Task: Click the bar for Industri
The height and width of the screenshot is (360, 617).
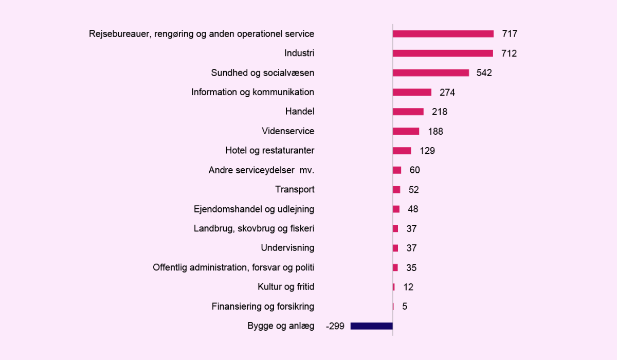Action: tap(443, 53)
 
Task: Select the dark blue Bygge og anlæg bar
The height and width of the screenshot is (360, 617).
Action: tap(371, 326)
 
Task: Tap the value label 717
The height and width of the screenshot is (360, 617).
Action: tap(510, 34)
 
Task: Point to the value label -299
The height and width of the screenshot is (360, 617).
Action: tap(335, 326)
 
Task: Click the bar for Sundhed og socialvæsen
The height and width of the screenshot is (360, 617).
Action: tap(431, 73)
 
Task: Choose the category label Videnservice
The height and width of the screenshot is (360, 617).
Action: tap(287, 131)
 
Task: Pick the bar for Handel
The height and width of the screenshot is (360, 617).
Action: tap(408, 112)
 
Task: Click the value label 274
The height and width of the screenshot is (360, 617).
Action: tap(447, 93)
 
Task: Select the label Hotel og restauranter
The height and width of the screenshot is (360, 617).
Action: tap(270, 151)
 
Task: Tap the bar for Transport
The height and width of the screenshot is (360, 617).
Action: tap(396, 190)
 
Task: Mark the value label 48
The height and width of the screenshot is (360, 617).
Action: tap(413, 209)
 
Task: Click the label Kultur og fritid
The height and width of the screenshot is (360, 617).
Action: tap(286, 287)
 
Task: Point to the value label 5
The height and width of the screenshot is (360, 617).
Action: tap(405, 307)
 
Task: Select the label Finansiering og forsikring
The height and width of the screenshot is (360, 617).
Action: tap(263, 307)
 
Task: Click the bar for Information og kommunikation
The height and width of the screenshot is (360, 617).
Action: tap(412, 93)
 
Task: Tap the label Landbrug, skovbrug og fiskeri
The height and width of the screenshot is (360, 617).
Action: tap(254, 229)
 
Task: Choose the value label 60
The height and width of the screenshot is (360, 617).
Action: tap(414, 170)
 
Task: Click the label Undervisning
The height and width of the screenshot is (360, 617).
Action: tap(287, 248)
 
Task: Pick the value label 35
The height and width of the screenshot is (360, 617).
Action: tap(411, 268)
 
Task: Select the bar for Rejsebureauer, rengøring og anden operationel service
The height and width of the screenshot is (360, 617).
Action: tap(443, 34)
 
